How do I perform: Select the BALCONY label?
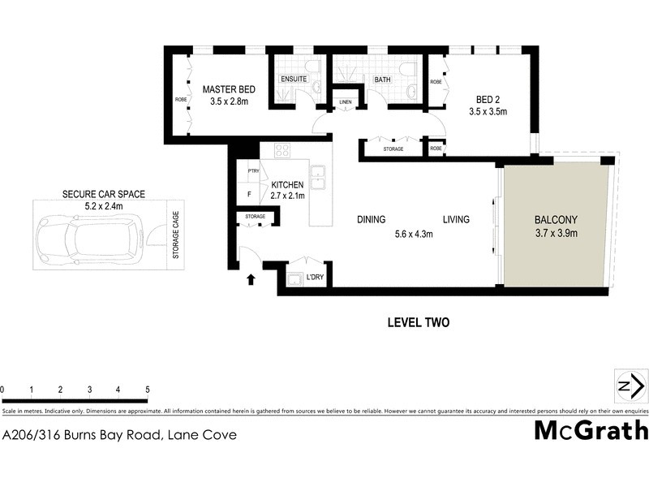click(x=556, y=220)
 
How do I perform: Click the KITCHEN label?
click(x=287, y=185)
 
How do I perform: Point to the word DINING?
click(x=371, y=219)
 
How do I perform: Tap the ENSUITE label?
click(x=293, y=80)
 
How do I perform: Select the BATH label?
click(x=381, y=80)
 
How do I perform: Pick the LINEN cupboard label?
click(x=345, y=101)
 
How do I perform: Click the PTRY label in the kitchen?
click(x=253, y=171)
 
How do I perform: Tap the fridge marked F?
click(x=248, y=196)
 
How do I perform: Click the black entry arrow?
click(x=251, y=280)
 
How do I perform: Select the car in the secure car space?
click(x=88, y=236)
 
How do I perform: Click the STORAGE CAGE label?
click(x=175, y=236)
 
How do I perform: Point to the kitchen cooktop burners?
click(x=282, y=149)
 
